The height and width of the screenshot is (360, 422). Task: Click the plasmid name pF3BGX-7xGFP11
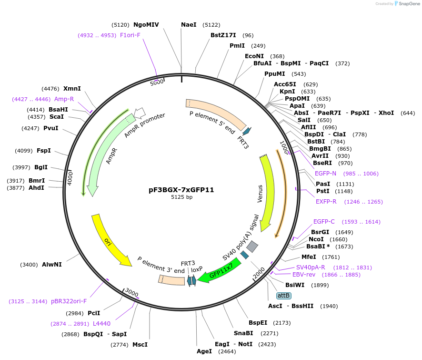(181, 189)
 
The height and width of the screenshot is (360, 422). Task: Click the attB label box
(284, 296)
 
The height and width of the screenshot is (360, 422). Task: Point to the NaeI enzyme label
(189, 25)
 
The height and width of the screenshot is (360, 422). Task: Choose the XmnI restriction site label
(72, 88)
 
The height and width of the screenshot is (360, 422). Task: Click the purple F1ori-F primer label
(130, 35)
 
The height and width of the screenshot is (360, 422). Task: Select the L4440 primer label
(101, 324)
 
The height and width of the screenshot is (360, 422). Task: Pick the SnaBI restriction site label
(243, 333)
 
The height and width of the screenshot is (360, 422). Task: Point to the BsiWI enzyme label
(295, 285)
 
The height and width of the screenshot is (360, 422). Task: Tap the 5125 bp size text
(181, 197)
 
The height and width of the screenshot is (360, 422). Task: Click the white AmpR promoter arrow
(140, 113)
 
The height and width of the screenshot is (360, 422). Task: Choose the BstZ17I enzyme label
(223, 35)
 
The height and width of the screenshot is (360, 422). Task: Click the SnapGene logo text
(407, 4)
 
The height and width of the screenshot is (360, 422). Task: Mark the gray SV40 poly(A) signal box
(252, 247)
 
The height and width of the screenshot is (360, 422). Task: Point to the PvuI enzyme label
(50, 128)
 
